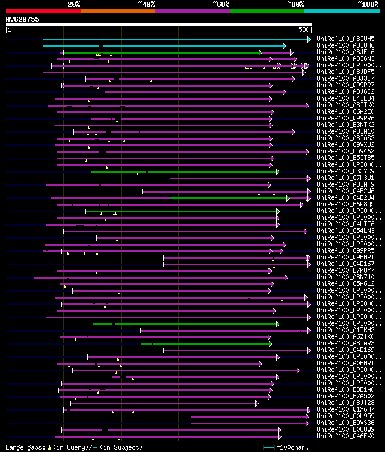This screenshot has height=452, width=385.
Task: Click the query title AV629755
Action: [23, 19]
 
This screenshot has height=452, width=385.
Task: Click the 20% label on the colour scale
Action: [74, 4]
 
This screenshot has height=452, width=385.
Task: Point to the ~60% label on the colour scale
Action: [221, 4]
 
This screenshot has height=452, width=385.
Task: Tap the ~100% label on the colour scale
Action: [368, 4]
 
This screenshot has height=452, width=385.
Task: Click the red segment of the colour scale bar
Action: [43, 11]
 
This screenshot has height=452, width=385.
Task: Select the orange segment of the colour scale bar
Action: [118, 11]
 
